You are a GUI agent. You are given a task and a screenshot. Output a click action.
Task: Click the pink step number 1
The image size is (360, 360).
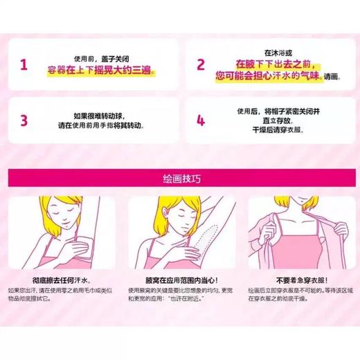tap(24, 66)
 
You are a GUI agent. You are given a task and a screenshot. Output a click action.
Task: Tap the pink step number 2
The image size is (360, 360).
tap(201, 66)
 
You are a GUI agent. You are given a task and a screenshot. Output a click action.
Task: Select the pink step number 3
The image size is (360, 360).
tap(24, 119)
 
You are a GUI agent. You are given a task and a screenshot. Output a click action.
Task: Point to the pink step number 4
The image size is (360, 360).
tap(201, 119)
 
